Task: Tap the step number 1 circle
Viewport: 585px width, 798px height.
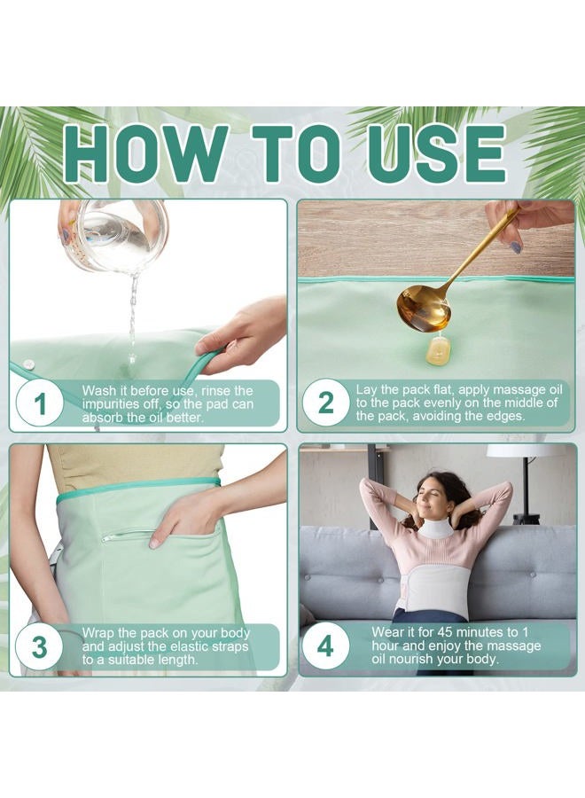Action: coord(40,404)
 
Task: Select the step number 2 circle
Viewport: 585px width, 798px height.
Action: coord(326,403)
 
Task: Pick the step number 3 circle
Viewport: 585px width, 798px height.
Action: coord(40,647)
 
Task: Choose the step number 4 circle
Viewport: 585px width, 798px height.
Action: coord(325,645)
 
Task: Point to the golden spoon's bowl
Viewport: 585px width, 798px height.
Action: coord(423,308)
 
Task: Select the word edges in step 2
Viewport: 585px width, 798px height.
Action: coord(505,417)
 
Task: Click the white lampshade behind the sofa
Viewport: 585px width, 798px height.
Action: coord(526,450)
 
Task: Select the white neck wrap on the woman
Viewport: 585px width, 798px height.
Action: coord(435,528)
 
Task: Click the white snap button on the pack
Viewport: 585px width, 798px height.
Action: coord(27,364)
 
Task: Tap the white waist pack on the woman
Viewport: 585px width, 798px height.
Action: coord(431,586)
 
